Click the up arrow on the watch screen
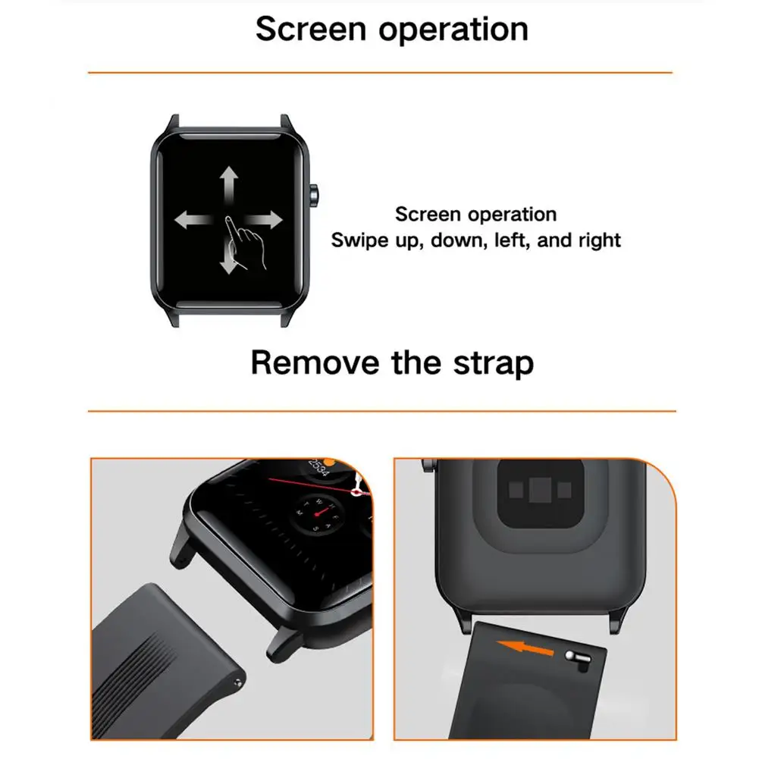[228, 185]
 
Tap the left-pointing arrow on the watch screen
[193, 220]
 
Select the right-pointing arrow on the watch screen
[265, 220]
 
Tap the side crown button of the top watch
[314, 196]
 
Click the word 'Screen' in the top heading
[311, 29]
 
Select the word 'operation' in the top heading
[453, 30]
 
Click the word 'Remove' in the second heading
[315, 362]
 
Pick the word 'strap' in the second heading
[494, 364]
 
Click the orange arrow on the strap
[525, 648]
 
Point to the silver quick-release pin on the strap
[578, 659]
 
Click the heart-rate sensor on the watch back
[540, 491]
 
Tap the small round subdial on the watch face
[317, 513]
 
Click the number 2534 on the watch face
[318, 467]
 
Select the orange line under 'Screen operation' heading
[380, 73]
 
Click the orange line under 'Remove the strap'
[382, 411]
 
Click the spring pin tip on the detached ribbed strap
[237, 683]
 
